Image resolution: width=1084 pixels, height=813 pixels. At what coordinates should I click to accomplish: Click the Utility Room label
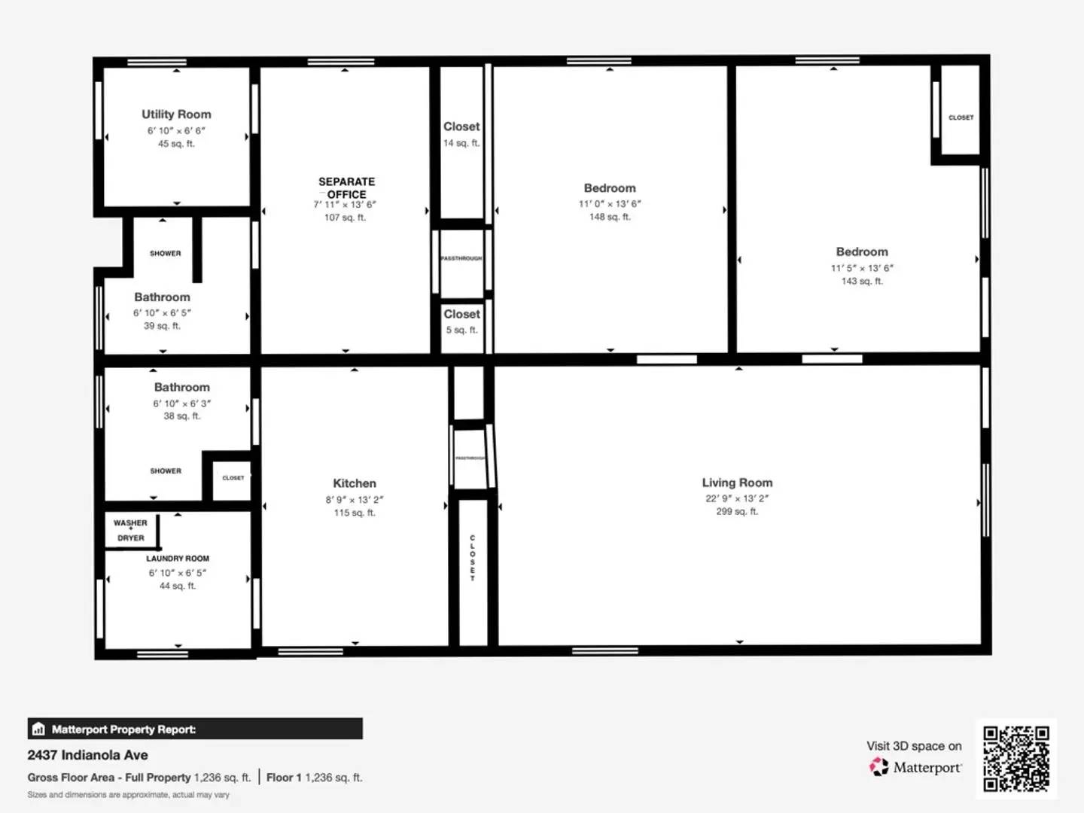pos(176,114)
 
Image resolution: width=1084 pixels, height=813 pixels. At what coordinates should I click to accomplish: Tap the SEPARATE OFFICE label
pos(346,187)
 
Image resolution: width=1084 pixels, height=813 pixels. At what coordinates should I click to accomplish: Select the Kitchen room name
pos(355,483)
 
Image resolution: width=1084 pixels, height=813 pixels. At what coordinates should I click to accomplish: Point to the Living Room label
pos(737,483)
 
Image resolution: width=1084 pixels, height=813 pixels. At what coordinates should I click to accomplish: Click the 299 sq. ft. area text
pos(737,511)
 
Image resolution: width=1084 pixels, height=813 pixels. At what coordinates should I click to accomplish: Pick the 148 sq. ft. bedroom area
pos(610,217)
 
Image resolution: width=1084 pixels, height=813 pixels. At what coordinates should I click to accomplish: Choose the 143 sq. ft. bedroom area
pos(862,281)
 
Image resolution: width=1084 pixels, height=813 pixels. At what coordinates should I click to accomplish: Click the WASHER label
pos(130,522)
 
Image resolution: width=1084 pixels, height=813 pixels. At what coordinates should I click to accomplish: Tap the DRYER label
pos(130,538)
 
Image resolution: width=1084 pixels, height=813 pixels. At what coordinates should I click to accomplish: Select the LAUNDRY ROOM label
pos(178,559)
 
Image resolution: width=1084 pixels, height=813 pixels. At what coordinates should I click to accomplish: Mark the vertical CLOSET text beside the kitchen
pos(473,558)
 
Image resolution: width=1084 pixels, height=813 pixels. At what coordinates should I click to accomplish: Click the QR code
pos(1016,759)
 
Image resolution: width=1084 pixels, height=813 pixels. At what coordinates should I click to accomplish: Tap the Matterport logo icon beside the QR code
pos(878,767)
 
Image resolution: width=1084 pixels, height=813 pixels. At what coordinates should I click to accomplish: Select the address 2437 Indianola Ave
pos(87,755)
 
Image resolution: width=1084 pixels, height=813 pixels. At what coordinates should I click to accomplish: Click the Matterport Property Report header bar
pos(195,729)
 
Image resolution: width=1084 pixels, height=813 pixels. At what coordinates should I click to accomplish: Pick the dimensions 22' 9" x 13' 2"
pos(737,498)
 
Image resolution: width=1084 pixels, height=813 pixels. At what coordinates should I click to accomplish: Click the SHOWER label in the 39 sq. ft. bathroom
pos(166,254)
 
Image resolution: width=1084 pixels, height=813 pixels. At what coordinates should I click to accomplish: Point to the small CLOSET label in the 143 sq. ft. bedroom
pos(961,117)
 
